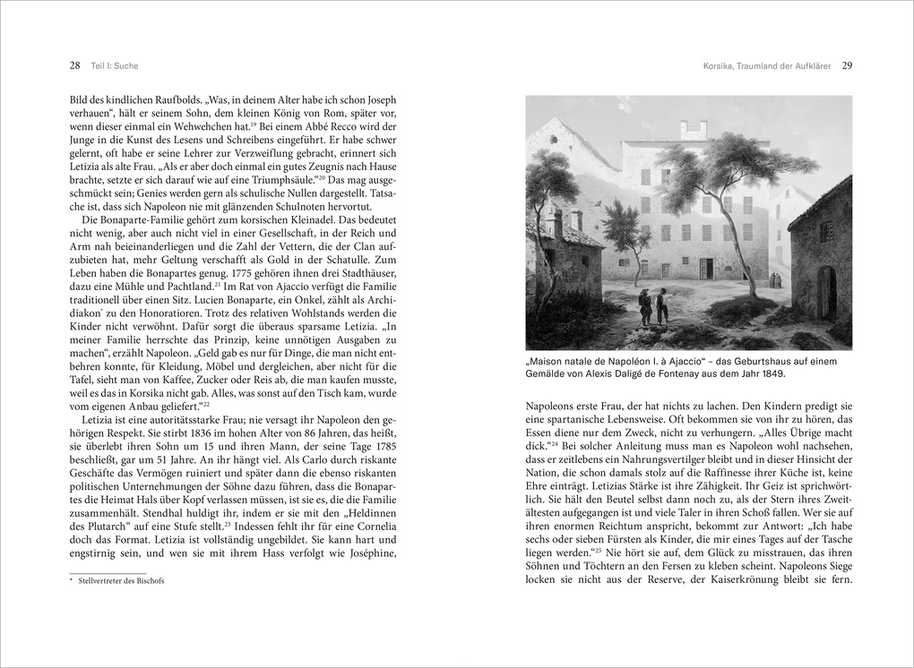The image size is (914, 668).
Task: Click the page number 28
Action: click(x=74, y=65)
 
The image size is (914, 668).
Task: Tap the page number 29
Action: click(x=847, y=65)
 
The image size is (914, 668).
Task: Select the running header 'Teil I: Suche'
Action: click(x=114, y=65)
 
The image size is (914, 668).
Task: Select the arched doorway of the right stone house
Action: click(x=826, y=291)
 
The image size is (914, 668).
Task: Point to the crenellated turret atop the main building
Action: click(x=694, y=130)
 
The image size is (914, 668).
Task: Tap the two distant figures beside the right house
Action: click(x=776, y=279)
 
